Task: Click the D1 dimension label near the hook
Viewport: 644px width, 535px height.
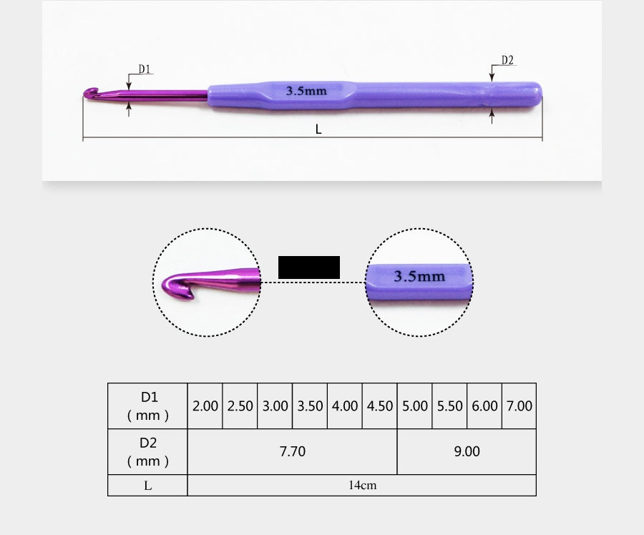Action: click(x=144, y=69)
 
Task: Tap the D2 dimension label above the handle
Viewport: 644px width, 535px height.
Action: click(x=507, y=60)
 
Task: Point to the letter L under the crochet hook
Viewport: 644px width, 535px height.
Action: click(x=318, y=129)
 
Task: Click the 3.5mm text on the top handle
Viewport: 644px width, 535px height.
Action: click(x=306, y=91)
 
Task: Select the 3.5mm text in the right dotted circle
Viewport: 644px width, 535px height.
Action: click(x=419, y=276)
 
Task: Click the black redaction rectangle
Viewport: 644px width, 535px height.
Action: click(x=309, y=267)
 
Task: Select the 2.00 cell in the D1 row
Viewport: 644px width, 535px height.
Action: click(x=205, y=406)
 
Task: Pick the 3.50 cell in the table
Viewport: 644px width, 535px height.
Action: click(x=310, y=406)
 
